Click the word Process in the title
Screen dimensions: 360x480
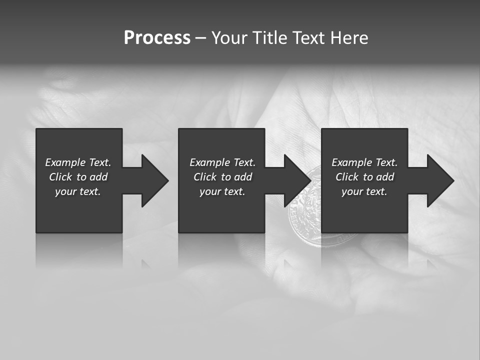coord(157,38)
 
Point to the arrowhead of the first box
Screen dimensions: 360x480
coord(154,180)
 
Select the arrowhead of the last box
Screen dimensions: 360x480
coord(440,180)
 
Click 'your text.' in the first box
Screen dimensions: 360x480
coord(78,191)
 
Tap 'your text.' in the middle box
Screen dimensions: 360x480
coord(222,191)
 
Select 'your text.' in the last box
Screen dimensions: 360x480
coord(364,191)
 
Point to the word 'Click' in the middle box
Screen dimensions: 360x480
coord(205,177)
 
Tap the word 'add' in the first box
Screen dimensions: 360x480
coord(98,177)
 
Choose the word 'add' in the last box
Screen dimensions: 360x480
coord(385,177)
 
